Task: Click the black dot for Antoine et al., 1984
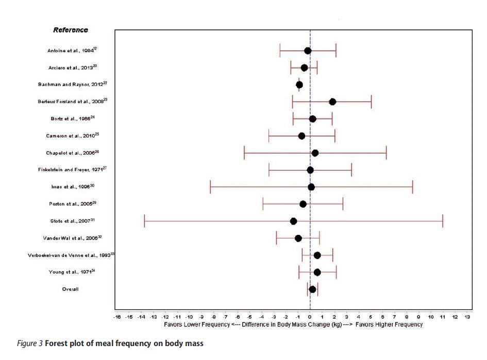tap(308, 50)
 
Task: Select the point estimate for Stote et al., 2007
tap(293, 221)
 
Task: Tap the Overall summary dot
tap(312, 289)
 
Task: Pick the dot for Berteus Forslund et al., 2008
tap(332, 101)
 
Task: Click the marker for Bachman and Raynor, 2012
tap(299, 84)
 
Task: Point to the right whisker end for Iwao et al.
tap(412, 187)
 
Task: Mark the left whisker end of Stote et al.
tap(144, 221)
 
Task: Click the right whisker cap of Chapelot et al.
tap(386, 153)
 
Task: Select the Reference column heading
tap(71, 30)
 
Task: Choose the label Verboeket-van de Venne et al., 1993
tap(71, 255)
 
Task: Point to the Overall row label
tap(71, 289)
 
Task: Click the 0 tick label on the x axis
tap(310, 317)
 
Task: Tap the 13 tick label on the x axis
tap(467, 317)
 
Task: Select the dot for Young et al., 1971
tap(317, 272)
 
